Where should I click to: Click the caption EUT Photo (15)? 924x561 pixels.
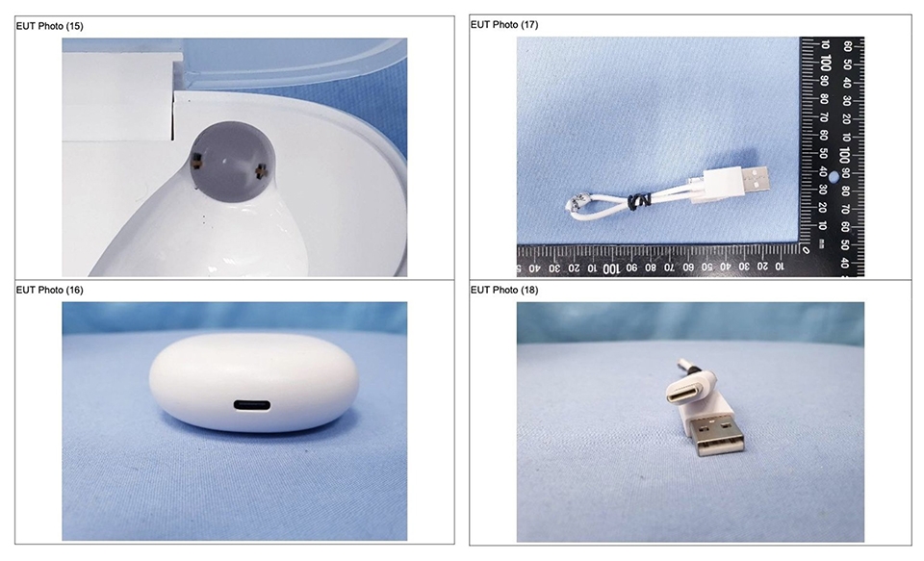pos(49,26)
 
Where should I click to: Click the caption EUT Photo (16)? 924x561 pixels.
pos(49,290)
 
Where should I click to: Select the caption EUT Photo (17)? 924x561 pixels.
pos(503,25)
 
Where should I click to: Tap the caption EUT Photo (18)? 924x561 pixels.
pos(503,290)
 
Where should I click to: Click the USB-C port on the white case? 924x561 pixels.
pos(251,405)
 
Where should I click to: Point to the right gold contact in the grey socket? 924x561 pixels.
pos(261,171)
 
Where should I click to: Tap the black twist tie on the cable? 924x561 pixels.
pos(637,201)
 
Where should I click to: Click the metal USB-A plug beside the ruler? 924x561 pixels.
pos(756,179)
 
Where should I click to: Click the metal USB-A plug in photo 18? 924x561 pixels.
pos(718,435)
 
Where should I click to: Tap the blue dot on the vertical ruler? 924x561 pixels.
pos(834,176)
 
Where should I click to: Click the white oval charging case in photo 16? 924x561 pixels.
pos(254,382)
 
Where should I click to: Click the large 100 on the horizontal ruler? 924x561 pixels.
pos(611,268)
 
